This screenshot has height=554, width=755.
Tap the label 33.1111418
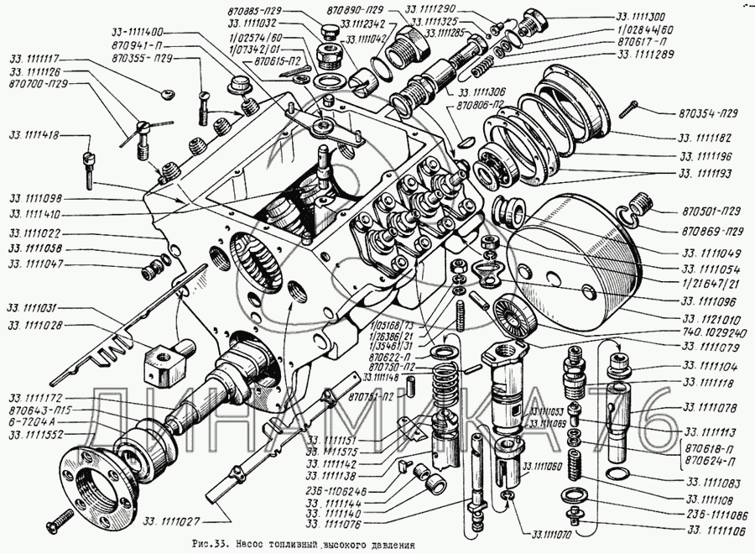click(x=34, y=135)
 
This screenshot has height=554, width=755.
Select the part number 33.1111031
click(x=34, y=308)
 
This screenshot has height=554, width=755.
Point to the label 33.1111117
click(x=34, y=60)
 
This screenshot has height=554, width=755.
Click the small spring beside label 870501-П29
click(x=640, y=203)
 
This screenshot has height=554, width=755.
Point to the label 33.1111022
click(x=34, y=233)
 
